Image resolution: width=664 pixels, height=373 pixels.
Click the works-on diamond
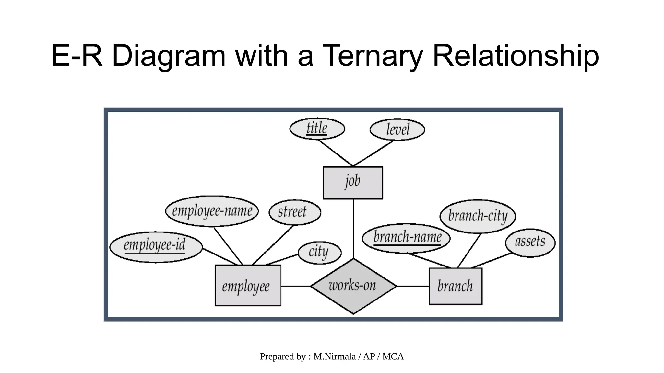point(353,286)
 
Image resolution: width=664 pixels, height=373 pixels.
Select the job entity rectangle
point(353,183)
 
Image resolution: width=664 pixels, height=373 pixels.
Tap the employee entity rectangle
point(248,286)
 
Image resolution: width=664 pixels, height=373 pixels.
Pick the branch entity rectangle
point(455,286)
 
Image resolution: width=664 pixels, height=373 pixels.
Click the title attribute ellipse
point(317,129)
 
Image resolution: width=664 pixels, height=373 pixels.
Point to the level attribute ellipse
point(397,130)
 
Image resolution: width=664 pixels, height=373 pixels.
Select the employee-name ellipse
point(212,211)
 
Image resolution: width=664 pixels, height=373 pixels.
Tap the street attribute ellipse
point(294,212)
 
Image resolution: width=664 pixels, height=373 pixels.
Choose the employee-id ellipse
point(156,247)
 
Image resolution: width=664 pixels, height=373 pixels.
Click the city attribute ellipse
point(319,253)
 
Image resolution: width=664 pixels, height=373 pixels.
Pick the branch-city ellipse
point(477,216)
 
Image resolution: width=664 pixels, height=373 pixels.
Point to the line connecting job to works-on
point(353,229)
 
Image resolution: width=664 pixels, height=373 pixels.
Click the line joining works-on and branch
point(413,286)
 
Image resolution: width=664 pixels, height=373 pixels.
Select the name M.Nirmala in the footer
point(334,356)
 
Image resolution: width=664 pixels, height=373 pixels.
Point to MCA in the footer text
point(393,356)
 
